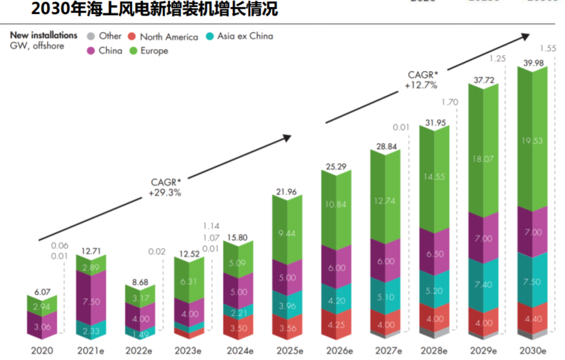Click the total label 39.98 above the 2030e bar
tap(531, 60)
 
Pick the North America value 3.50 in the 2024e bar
tap(238, 328)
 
